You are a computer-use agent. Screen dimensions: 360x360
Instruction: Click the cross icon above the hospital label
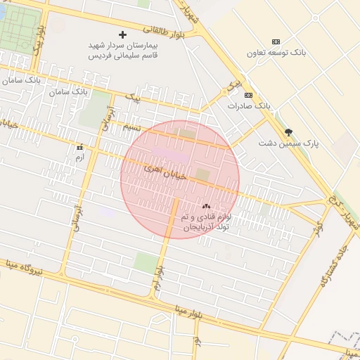(x=123, y=34)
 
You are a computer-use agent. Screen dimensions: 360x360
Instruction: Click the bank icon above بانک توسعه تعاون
(x=275, y=42)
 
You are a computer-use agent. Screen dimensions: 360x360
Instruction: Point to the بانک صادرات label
(x=248, y=105)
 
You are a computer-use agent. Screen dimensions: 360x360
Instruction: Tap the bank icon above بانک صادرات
(x=247, y=94)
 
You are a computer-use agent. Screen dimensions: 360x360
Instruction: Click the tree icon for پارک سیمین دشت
(x=288, y=131)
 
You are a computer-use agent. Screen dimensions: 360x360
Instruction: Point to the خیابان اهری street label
(x=166, y=172)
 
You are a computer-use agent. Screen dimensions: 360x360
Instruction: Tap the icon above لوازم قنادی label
(x=206, y=207)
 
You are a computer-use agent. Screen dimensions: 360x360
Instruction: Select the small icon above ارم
(x=79, y=147)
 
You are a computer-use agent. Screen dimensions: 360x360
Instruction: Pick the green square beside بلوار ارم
(x=146, y=262)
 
